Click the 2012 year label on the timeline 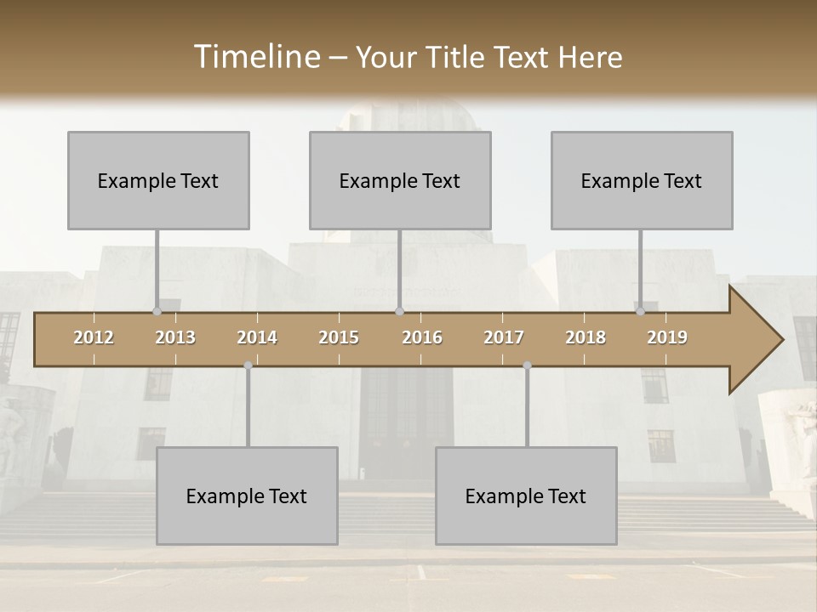(x=94, y=337)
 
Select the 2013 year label (x=175, y=337)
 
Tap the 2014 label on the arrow (x=257, y=337)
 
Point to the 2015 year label (x=339, y=337)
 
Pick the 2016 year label (x=422, y=337)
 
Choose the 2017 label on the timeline (x=504, y=337)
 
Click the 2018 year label (x=586, y=337)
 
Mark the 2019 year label (x=667, y=337)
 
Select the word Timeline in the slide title (x=256, y=57)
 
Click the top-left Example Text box (x=158, y=180)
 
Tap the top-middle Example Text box (x=400, y=180)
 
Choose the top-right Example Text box (x=642, y=180)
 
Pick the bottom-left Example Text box (x=247, y=496)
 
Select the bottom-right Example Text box (x=526, y=496)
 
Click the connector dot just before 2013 (x=157, y=311)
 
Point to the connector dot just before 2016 (x=399, y=311)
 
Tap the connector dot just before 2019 (x=640, y=311)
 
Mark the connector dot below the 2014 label (x=248, y=365)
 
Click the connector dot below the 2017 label (x=527, y=365)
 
